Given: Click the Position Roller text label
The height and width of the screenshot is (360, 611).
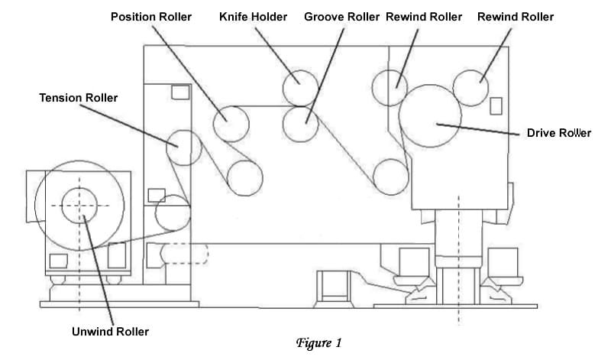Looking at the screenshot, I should click(151, 17).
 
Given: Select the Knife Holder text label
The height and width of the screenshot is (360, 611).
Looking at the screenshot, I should click(253, 17).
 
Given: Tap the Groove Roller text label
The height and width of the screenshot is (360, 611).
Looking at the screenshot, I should click(341, 17).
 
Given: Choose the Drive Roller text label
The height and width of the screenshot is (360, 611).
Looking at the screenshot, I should click(559, 132).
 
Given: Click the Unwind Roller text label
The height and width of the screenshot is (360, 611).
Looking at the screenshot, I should click(110, 331).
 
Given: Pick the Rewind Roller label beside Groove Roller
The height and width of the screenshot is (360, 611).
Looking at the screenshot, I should click(424, 17).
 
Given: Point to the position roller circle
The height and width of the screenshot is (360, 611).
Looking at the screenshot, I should click(231, 123).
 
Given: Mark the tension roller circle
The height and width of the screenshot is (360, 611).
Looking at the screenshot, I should click(183, 148).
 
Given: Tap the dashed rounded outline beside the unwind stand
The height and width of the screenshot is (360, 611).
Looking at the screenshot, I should click(183, 253).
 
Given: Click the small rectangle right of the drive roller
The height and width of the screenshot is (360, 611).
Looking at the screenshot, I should click(496, 106).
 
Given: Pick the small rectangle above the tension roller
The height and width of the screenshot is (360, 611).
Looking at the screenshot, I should click(180, 92).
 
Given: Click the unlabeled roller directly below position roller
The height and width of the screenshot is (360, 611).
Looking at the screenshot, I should click(244, 177).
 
